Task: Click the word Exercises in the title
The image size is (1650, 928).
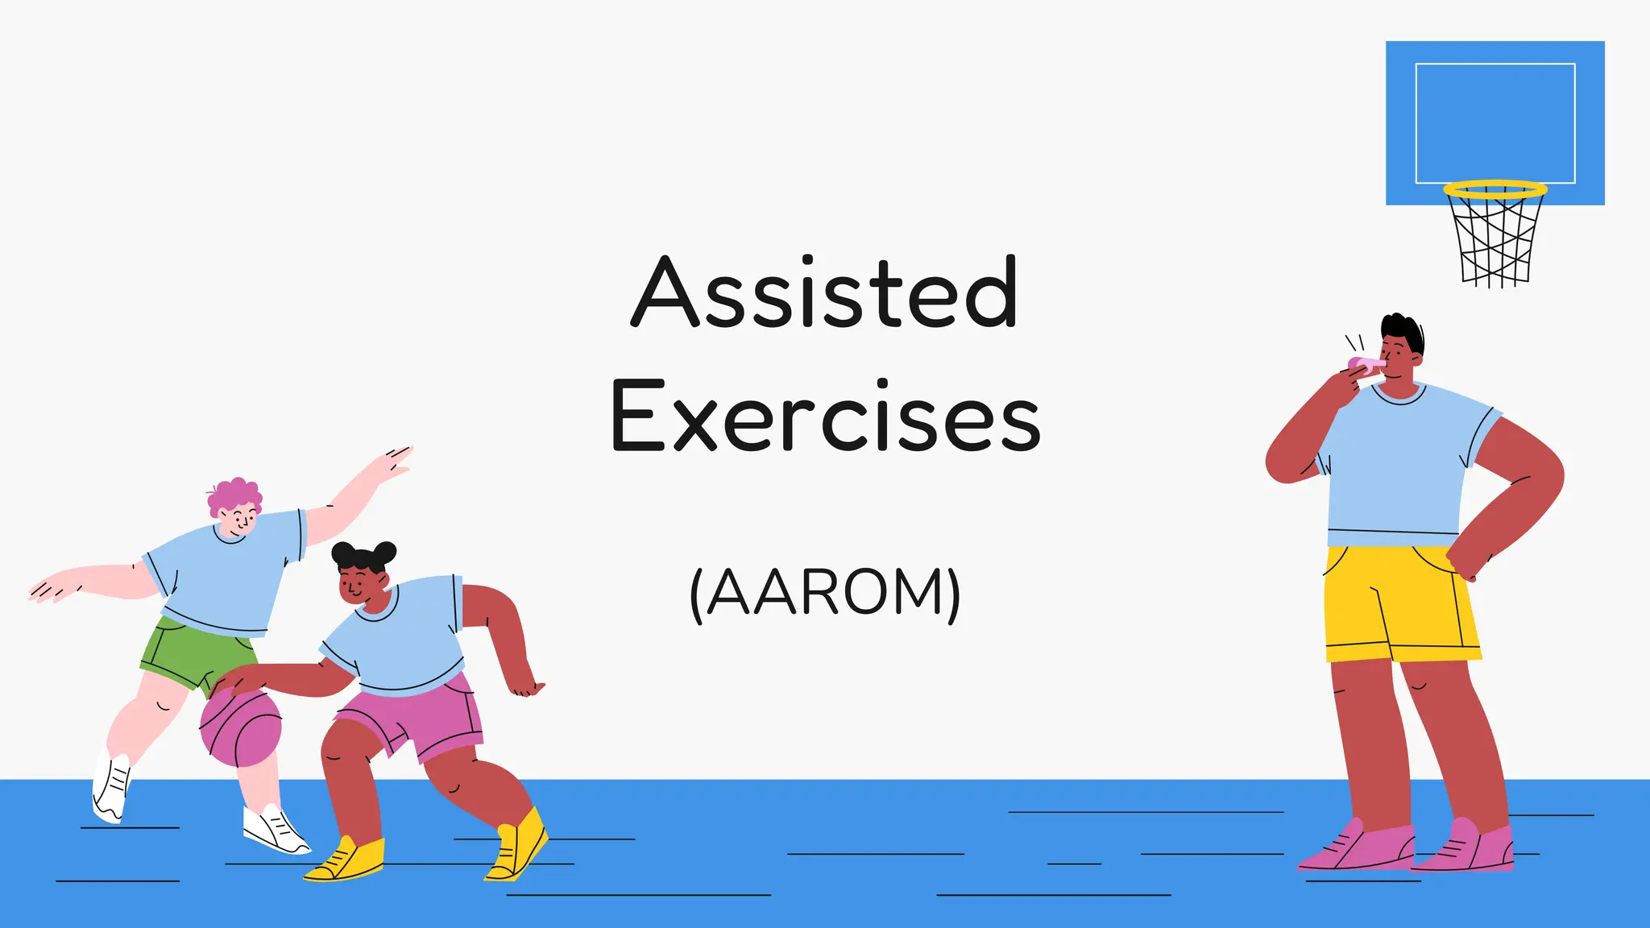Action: [825, 416]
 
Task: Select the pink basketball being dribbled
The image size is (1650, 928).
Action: [241, 729]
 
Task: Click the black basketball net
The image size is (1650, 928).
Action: [1495, 242]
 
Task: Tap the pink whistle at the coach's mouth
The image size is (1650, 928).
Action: [1364, 364]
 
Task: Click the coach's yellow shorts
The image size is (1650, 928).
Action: [1402, 604]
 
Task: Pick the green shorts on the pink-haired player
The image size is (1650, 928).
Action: [193, 652]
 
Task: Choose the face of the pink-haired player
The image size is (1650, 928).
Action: [239, 520]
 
